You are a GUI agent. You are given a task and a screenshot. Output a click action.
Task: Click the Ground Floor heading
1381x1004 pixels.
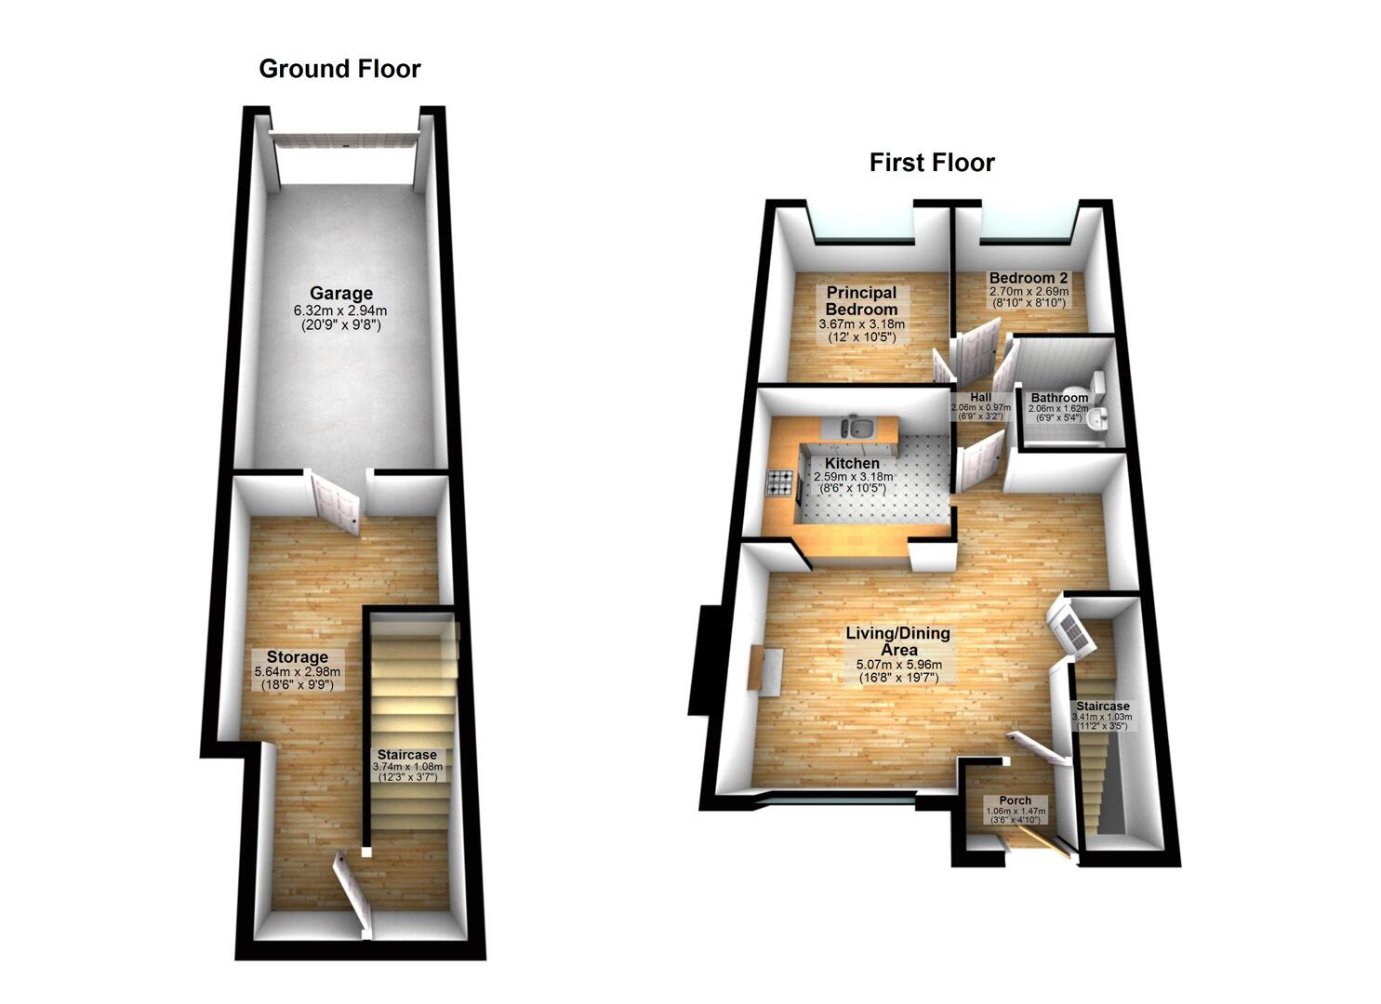(x=339, y=69)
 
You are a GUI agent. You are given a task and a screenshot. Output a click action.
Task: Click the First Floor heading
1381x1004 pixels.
(x=932, y=163)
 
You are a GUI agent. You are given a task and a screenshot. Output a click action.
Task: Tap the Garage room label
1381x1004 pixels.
(x=341, y=293)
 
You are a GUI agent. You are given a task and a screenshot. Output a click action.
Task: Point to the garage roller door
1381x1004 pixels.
(x=344, y=140)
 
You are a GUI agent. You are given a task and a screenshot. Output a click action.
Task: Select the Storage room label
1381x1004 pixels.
(x=298, y=657)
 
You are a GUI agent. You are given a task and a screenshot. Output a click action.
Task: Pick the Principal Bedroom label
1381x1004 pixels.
(x=861, y=301)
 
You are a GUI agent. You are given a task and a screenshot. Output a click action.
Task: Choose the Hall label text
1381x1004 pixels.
(x=980, y=398)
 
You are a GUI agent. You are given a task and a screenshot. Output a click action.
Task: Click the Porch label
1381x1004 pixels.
(x=1015, y=800)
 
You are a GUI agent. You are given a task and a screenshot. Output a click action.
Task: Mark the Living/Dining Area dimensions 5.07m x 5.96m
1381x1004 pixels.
(x=899, y=665)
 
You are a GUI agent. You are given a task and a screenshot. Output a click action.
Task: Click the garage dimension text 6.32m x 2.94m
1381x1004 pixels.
(x=340, y=311)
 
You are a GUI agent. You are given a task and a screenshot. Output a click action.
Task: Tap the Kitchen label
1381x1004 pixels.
(x=852, y=463)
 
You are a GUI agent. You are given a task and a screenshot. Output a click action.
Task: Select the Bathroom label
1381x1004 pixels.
(x=1059, y=398)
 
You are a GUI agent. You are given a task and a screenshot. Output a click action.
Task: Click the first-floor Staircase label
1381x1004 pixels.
(x=1103, y=706)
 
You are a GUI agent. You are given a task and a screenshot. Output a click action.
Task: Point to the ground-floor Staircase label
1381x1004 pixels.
(x=407, y=754)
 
